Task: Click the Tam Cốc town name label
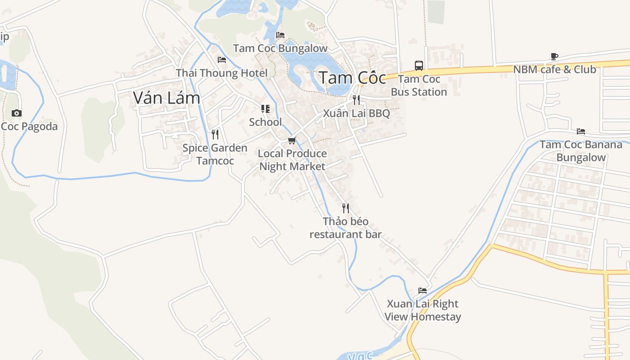click(352, 78)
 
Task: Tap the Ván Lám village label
click(166, 98)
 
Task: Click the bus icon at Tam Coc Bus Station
click(419, 66)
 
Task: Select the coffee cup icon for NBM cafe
click(554, 56)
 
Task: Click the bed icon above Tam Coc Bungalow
click(280, 35)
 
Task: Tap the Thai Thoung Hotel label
click(221, 73)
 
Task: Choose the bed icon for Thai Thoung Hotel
click(221, 59)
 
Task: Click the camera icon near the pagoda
click(17, 113)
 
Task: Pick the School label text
click(265, 122)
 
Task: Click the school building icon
click(265, 109)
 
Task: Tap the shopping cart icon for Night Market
click(292, 140)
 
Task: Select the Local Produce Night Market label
click(292, 160)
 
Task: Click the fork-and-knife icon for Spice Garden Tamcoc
click(215, 134)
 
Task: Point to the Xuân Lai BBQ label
click(356, 113)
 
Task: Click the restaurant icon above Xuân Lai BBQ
click(356, 99)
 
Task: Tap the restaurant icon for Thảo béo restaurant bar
click(346, 208)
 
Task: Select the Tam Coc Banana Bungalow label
click(581, 151)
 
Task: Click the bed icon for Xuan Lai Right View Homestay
click(423, 290)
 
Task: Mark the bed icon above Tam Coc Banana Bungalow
click(581, 131)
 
